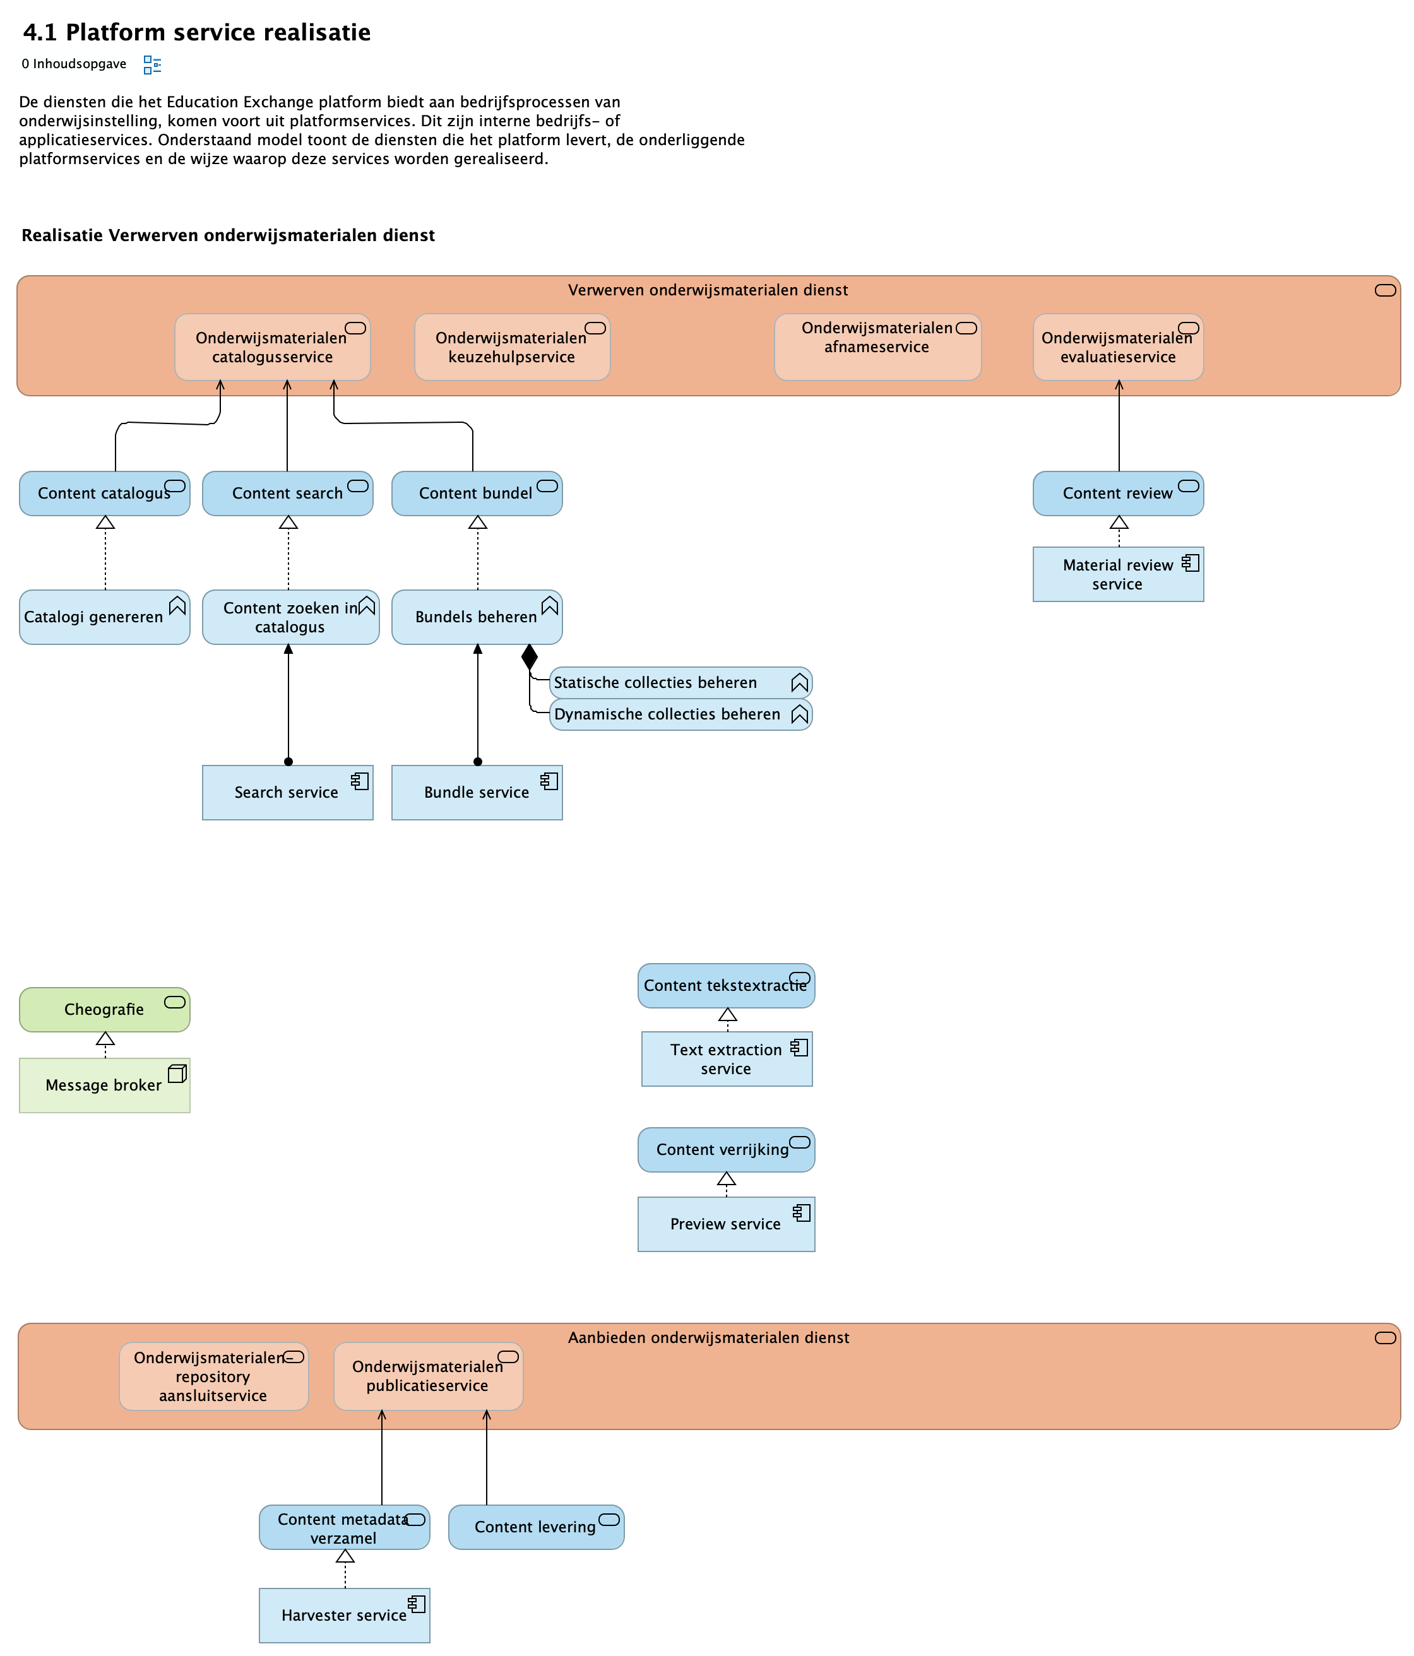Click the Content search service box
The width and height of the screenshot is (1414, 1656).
(x=287, y=493)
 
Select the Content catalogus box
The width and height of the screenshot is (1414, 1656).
(x=104, y=493)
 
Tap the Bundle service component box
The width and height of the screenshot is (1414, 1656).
(x=477, y=792)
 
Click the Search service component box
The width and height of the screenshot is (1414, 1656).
(x=287, y=792)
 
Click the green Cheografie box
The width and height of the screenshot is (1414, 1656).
(x=104, y=1009)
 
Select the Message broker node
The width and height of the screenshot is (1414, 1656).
(x=104, y=1085)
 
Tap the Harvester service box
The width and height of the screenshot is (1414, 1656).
(x=343, y=1615)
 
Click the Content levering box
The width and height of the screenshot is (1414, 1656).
(x=535, y=1527)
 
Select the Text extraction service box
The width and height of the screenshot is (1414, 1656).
(x=726, y=1059)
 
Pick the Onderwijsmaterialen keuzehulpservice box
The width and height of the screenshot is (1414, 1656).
(x=511, y=347)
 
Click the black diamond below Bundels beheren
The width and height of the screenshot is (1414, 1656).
(x=529, y=657)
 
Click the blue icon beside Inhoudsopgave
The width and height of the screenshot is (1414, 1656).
(x=152, y=65)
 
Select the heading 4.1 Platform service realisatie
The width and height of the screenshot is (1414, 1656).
(x=196, y=33)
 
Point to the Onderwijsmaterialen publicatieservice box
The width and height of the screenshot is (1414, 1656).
(x=427, y=1376)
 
